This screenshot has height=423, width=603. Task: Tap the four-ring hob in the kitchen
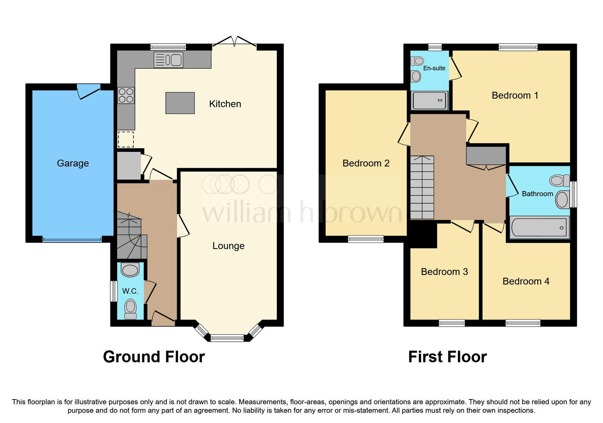pos(126,96)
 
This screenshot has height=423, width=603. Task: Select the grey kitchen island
pos(180,103)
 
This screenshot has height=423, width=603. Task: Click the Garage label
pos(73,163)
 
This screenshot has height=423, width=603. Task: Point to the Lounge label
pos(228,246)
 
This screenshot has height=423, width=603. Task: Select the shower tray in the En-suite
pos(429,101)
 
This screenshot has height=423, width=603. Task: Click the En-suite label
pos(434,68)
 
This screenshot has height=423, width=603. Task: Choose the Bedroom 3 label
pos(444,272)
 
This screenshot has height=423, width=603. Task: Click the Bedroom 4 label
pos(526,281)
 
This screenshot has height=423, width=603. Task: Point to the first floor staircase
pos(422,188)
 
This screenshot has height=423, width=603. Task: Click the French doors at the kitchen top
pos(234,42)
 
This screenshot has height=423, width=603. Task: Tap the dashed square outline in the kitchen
pos(126,139)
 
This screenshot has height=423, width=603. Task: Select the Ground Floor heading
pos(154,357)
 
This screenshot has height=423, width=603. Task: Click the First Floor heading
pos(447,357)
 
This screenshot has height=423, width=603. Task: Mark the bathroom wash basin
pos(562,200)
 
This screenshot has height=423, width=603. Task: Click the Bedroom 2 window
pos(366,239)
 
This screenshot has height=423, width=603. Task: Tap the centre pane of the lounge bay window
pos(227,338)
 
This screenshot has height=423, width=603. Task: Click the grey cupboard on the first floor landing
pos(486,155)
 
